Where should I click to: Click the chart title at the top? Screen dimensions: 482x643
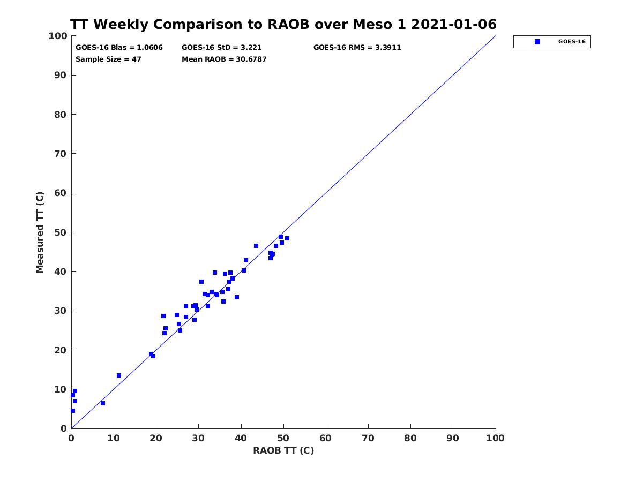tap(283, 25)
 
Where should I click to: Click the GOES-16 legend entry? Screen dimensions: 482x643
tap(552, 42)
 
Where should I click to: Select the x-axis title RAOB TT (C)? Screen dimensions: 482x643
tap(283, 450)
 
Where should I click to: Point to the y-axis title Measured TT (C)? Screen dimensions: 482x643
tap(40, 232)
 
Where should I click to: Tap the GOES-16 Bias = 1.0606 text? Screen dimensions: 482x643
tap(119, 47)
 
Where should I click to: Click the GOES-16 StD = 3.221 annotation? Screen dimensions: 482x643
tap(222, 47)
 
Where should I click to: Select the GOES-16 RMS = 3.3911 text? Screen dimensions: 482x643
tap(357, 47)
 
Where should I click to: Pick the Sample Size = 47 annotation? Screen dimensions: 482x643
tap(108, 59)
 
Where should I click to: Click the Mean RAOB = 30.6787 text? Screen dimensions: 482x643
tap(224, 59)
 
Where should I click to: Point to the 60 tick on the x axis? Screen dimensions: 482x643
tap(326, 438)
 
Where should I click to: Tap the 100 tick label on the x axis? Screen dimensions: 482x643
tap(496, 438)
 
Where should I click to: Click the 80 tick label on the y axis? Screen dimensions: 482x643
tap(61, 115)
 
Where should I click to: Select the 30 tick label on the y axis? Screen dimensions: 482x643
tap(61, 311)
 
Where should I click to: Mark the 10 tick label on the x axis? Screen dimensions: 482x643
tap(114, 438)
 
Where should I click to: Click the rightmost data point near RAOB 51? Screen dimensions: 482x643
tap(287, 238)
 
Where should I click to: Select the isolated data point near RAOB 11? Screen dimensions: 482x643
tap(119, 375)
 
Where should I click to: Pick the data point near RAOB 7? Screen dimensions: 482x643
tap(103, 403)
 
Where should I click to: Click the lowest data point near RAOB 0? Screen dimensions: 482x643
tap(73, 411)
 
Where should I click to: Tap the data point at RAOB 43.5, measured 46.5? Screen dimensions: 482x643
tap(256, 246)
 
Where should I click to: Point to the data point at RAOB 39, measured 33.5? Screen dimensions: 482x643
tap(237, 297)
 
